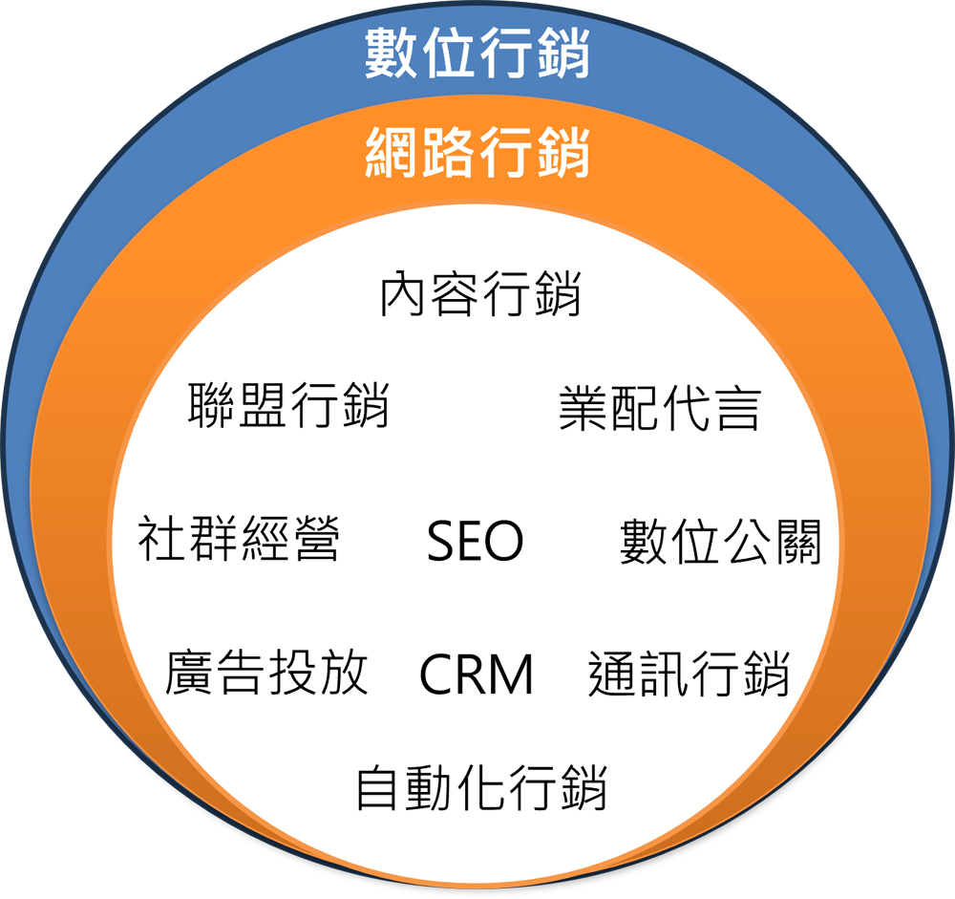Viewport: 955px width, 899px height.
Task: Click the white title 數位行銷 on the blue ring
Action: point(477,54)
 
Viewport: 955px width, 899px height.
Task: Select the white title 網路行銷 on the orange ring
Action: point(477,154)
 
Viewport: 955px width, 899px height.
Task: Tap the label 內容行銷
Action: point(480,294)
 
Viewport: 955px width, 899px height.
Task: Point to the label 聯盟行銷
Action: point(289,406)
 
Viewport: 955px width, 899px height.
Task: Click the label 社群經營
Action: point(239,541)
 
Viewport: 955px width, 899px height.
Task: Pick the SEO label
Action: point(475,542)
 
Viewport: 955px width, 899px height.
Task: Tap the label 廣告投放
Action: point(266,673)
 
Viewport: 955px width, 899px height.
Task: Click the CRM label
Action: point(476,674)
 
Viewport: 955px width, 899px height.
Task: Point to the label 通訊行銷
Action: point(689,673)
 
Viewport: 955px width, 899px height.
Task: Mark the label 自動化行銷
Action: point(481,788)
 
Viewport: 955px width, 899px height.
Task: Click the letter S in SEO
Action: point(440,542)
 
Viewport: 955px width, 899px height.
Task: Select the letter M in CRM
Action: point(512,674)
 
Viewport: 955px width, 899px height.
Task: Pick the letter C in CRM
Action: point(436,674)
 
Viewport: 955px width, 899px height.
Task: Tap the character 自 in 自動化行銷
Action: point(379,788)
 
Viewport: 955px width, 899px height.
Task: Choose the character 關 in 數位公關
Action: point(796,542)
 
